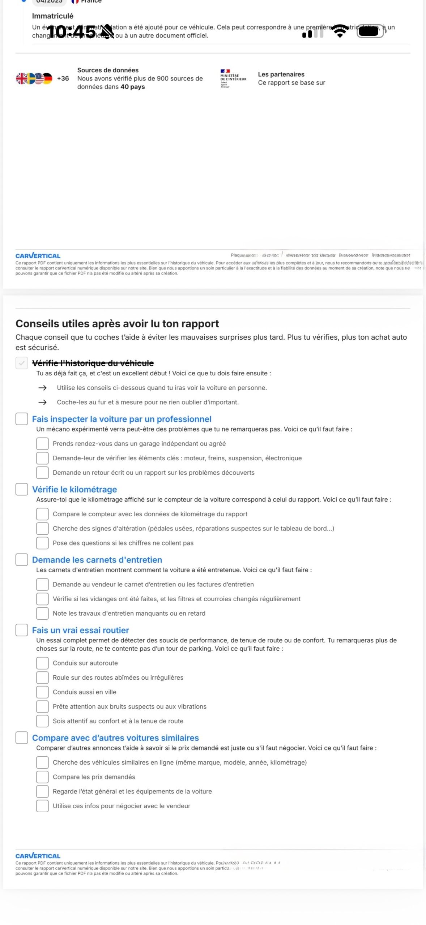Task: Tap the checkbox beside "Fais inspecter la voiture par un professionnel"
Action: click(x=22, y=419)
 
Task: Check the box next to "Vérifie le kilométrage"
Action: click(x=22, y=489)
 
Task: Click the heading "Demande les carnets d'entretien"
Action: click(x=97, y=560)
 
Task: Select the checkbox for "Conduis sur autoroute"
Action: click(x=42, y=663)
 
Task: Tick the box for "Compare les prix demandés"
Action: click(x=42, y=777)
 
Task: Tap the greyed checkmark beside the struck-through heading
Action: click(x=22, y=363)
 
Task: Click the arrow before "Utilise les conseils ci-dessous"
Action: click(x=42, y=388)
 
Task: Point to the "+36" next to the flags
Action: click(x=63, y=78)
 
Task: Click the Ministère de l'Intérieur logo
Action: click(x=233, y=78)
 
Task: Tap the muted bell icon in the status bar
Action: click(x=107, y=32)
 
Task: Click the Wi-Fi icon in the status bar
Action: click(x=340, y=31)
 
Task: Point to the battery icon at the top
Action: click(x=371, y=31)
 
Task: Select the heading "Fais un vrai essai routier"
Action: click(x=80, y=630)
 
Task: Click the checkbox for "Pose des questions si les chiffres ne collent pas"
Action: click(x=42, y=543)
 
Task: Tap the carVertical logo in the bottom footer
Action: click(x=38, y=856)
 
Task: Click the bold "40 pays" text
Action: click(x=133, y=87)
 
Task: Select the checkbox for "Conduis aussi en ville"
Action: click(x=42, y=692)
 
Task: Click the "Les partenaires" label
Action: click(x=281, y=74)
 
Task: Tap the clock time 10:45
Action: click(x=71, y=32)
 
